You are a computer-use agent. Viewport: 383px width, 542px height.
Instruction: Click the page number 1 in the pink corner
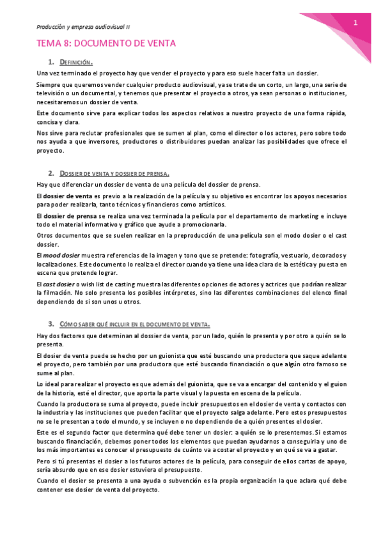[x=355, y=24]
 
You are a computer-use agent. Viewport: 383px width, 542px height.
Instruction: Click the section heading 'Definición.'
[x=76, y=62]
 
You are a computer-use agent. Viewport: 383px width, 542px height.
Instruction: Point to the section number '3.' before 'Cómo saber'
[x=51, y=324]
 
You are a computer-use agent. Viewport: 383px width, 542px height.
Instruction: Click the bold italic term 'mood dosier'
[x=62, y=255]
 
